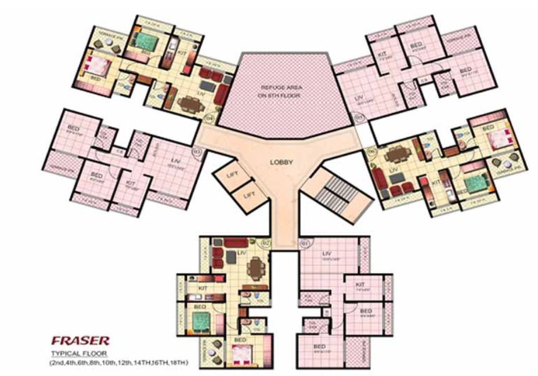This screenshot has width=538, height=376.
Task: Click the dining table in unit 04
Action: (x=189, y=105)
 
